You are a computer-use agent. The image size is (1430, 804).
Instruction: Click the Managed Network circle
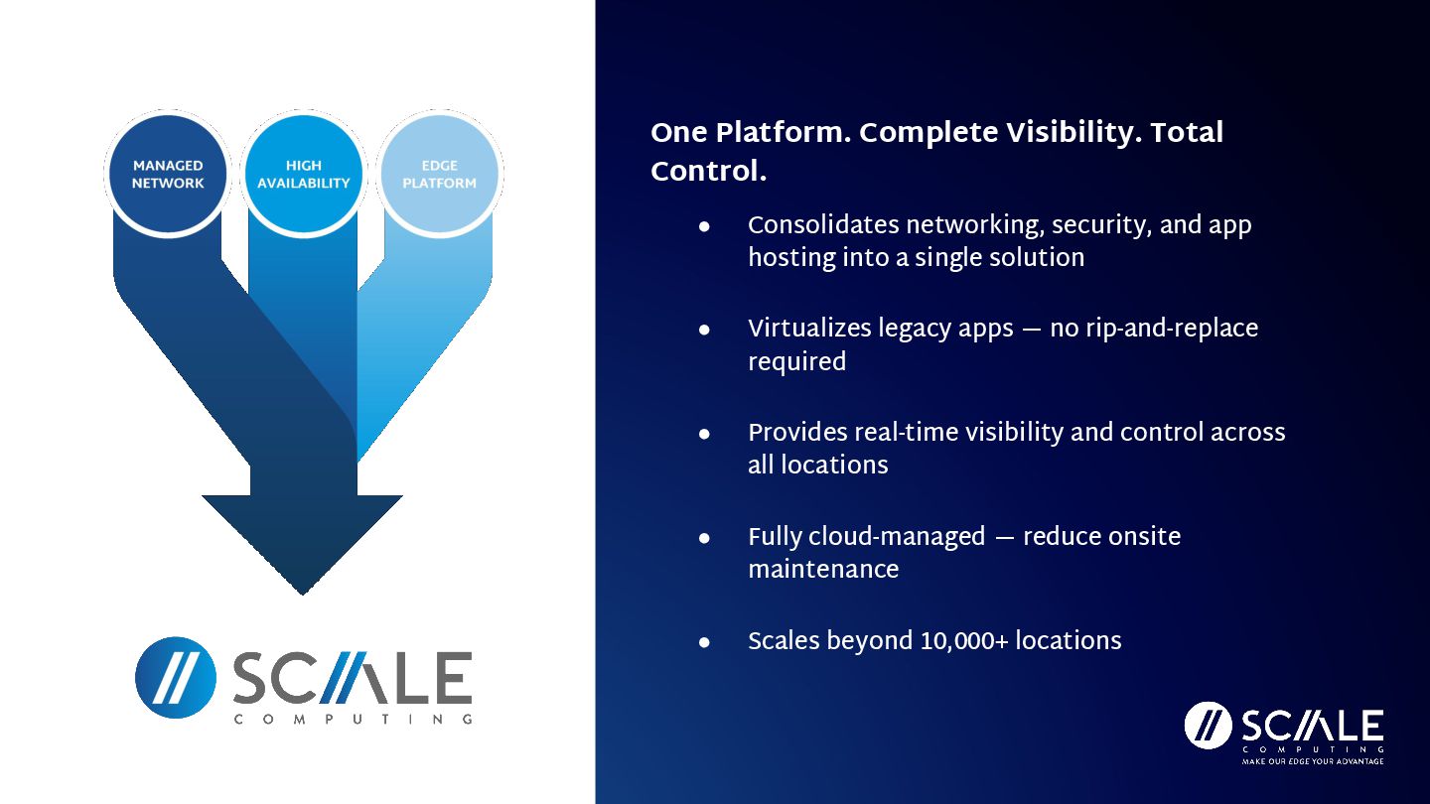click(168, 175)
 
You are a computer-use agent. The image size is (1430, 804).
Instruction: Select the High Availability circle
click(304, 175)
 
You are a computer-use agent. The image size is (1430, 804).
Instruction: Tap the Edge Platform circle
click(440, 175)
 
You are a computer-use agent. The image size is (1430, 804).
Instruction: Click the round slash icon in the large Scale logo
click(176, 678)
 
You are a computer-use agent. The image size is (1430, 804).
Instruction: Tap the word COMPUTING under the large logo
click(353, 720)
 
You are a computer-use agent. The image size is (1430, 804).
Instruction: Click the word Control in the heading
click(706, 172)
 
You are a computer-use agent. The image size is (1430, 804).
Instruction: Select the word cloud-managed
click(897, 537)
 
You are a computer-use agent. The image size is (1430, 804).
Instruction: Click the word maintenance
click(823, 571)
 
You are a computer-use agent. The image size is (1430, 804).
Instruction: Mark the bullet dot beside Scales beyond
click(704, 643)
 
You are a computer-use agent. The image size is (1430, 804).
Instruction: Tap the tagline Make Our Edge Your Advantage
click(1313, 761)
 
